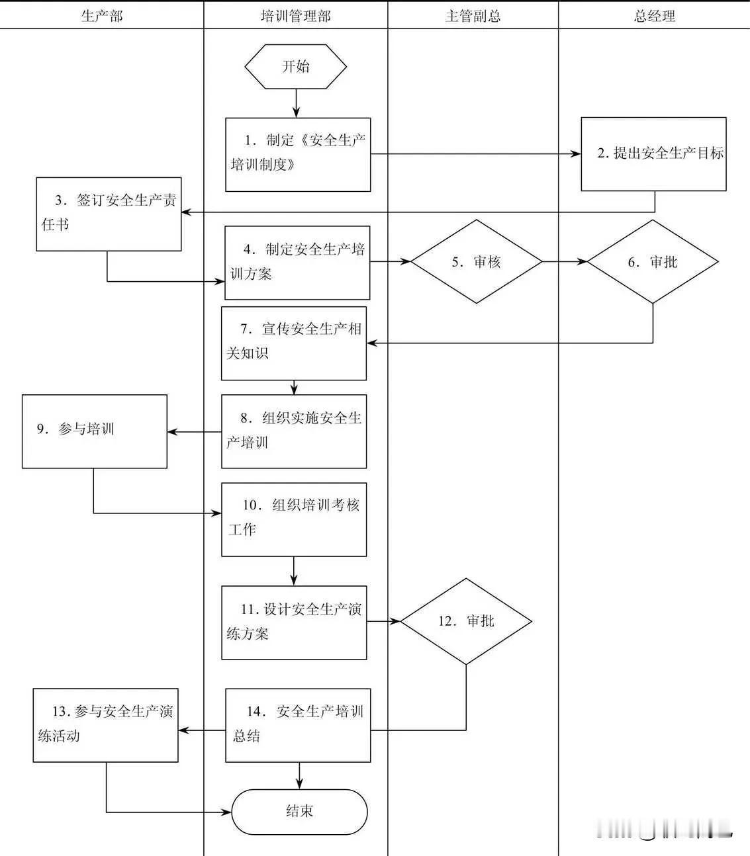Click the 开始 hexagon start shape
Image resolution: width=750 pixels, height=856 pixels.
pyautogui.click(x=295, y=66)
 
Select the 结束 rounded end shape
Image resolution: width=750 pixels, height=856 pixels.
pyautogui.click(x=299, y=812)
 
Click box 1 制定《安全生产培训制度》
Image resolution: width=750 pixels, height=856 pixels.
pyautogui.click(x=298, y=155)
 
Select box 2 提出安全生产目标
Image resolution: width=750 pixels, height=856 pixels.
pyautogui.click(x=653, y=154)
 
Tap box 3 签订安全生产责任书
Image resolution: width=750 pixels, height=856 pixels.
pyautogui.click(x=109, y=214)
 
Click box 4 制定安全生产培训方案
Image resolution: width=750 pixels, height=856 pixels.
pyautogui.click(x=297, y=263)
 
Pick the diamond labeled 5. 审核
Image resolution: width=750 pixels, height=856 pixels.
pyautogui.click(x=477, y=262)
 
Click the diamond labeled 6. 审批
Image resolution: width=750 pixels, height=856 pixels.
pyautogui.click(x=653, y=262)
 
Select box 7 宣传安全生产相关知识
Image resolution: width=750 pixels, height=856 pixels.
pyautogui.click(x=294, y=343)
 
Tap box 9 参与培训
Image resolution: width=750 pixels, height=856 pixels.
pyautogui.click(x=94, y=431)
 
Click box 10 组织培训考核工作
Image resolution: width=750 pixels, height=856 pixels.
pyautogui.click(x=294, y=519)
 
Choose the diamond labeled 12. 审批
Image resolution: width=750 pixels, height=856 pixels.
pyautogui.click(x=466, y=621)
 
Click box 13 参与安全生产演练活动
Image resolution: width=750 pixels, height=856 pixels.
pyautogui.click(x=106, y=725)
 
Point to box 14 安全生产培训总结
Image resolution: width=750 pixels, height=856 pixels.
pyautogui.click(x=298, y=725)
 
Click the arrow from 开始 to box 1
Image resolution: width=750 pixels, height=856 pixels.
pyautogui.click(x=296, y=103)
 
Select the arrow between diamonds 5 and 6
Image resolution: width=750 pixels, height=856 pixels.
pyautogui.click(x=565, y=262)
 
